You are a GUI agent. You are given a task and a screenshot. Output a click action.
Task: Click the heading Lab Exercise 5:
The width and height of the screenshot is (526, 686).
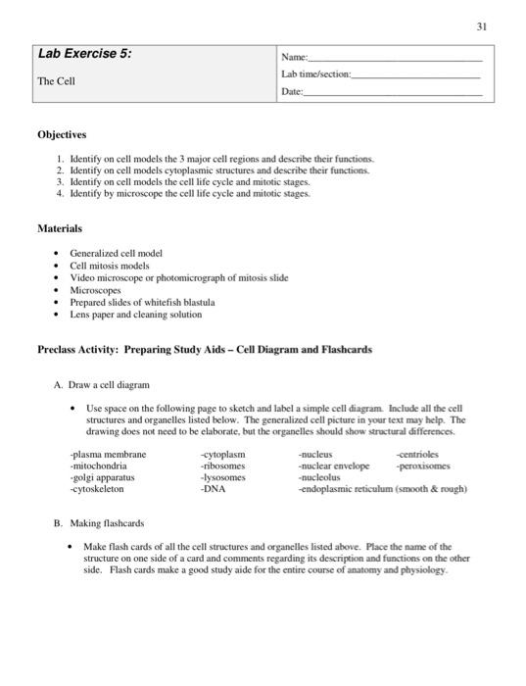click(84, 55)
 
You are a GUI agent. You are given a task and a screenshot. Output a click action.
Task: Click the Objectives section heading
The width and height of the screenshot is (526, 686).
click(63, 134)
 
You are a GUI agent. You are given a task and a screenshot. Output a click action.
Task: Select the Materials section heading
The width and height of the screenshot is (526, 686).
click(60, 227)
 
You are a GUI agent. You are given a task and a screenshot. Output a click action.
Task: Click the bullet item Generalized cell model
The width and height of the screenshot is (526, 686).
click(116, 253)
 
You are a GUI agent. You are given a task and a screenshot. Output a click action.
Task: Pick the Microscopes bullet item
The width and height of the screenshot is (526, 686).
click(96, 290)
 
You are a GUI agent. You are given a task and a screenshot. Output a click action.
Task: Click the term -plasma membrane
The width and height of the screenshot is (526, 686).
click(108, 455)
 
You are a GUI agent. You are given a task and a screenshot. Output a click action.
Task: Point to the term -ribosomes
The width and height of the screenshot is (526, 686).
click(222, 466)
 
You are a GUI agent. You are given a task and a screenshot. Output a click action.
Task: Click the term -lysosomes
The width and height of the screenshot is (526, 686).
click(222, 478)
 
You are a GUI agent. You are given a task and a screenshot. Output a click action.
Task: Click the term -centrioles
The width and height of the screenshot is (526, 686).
click(418, 455)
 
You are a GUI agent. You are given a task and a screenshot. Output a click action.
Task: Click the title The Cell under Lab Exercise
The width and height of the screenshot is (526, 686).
click(57, 81)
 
